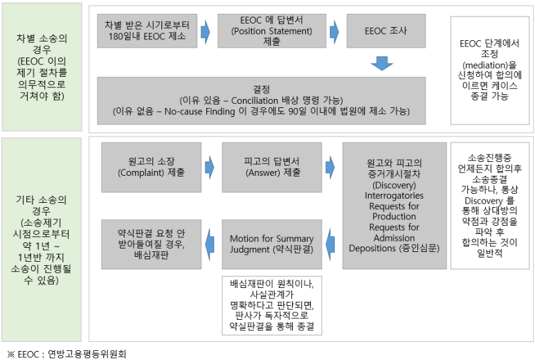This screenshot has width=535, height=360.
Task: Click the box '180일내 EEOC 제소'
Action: (145, 30)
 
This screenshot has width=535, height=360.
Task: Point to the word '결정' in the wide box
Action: (262, 89)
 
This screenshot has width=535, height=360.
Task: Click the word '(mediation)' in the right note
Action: (491, 65)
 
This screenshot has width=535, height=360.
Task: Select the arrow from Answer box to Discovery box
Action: (330, 167)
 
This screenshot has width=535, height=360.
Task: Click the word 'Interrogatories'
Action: (393, 196)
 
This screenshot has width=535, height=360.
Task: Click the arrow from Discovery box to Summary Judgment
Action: (331, 238)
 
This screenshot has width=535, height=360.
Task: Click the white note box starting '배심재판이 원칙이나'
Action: (272, 305)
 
